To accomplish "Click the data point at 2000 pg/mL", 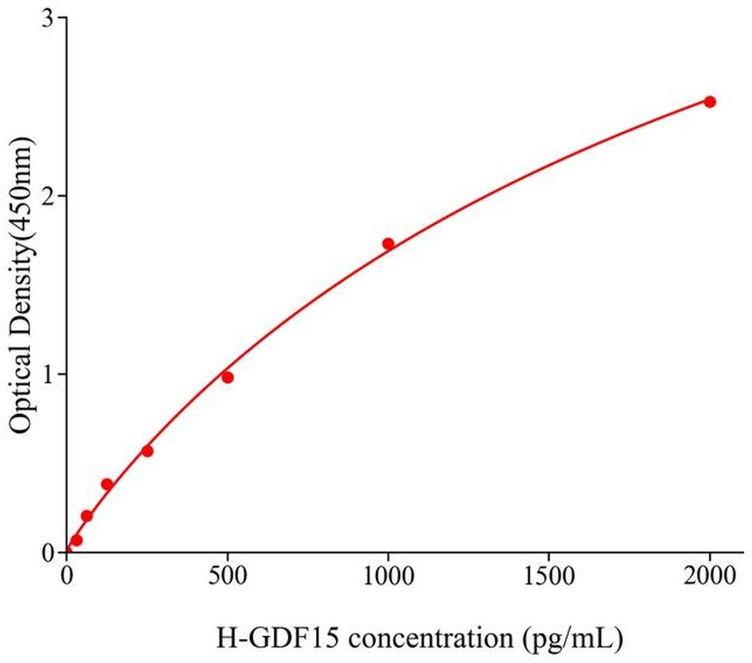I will pos(710,102).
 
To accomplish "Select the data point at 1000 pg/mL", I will pos(388,244).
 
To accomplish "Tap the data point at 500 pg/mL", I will pos(227,377).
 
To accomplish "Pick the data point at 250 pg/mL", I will pos(147,451).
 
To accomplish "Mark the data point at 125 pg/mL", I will pos(107,484).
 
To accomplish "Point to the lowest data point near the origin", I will pos(76,540).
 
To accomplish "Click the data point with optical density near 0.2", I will pos(87,516).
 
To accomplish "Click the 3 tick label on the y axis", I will pos(48,19).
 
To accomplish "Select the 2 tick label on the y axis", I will pos(48,197).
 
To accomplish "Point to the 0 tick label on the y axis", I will pos(48,553).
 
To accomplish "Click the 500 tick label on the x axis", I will pos(227,575).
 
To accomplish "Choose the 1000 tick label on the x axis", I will pos(388,575).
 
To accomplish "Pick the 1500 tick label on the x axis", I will pos(549,575).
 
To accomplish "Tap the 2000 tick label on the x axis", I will pos(710,575).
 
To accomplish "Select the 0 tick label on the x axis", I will pos(67,575).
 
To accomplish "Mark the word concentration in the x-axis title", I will pos(389,639).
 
